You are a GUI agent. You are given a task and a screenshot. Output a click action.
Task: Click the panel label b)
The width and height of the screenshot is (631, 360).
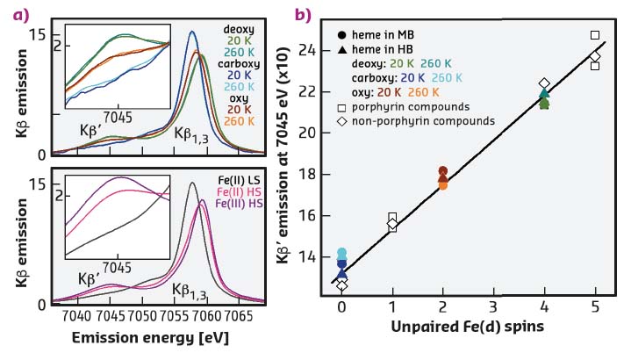click(304, 13)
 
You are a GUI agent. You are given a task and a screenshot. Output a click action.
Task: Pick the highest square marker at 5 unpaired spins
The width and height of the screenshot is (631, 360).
click(595, 35)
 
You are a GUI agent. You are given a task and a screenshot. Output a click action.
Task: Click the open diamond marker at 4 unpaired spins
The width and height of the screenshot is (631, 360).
click(544, 83)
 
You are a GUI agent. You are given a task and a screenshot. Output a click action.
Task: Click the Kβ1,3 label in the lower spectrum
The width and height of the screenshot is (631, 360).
click(191, 288)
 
